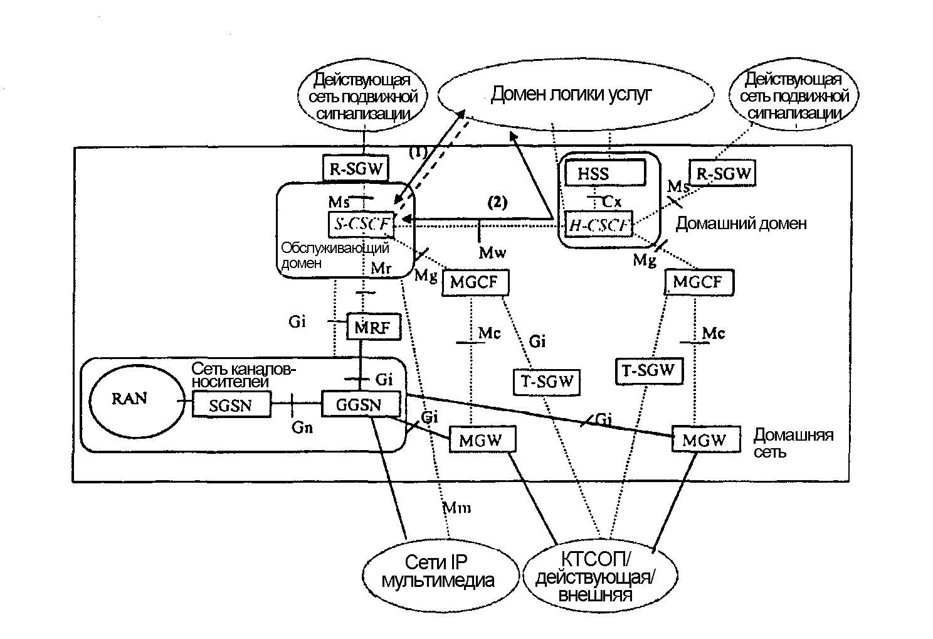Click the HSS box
coord(604,173)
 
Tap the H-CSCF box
coord(598,225)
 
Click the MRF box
coord(373,327)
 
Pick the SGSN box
coord(231,405)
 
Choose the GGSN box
coord(360,404)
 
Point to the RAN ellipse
coord(130,399)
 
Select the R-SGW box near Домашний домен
coord(722,173)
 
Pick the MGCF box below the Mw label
coord(475,282)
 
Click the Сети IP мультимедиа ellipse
coord(437,571)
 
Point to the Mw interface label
coord(492,252)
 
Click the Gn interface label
coord(302,427)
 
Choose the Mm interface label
coord(456,507)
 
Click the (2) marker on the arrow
coord(497,202)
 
